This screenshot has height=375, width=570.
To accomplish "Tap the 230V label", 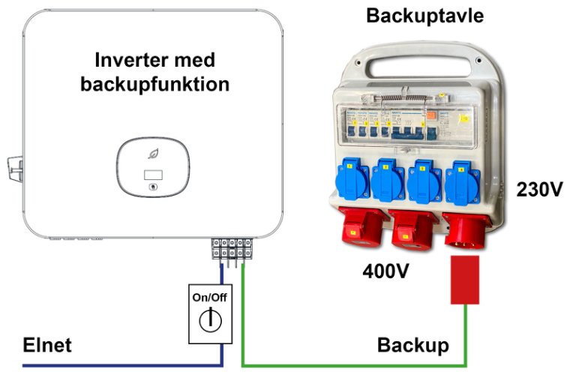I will pyautogui.click(x=539, y=189).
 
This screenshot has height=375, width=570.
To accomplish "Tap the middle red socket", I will pyautogui.click(x=412, y=227).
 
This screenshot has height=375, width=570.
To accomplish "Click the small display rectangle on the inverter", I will pyautogui.click(x=153, y=174).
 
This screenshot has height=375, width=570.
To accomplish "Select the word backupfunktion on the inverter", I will pyautogui.click(x=154, y=84).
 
